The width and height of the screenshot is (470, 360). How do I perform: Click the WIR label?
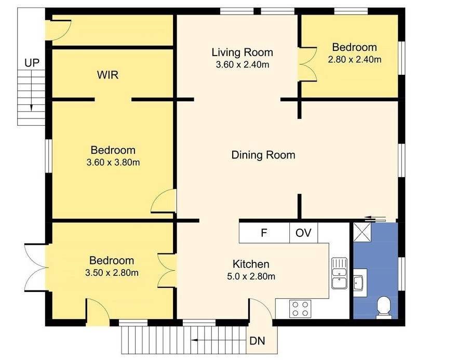pos(108,75)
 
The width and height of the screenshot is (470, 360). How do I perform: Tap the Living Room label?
pos(242,52)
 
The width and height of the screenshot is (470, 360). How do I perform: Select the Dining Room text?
pos(263,155)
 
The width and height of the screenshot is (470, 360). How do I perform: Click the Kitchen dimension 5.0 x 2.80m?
pos(251,276)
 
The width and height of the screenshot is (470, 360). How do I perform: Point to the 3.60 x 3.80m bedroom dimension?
pos(113,163)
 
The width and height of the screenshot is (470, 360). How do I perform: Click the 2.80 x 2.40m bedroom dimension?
pos(355,60)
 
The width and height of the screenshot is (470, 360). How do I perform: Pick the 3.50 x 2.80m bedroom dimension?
pos(112,273)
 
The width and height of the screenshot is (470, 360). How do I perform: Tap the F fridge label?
pos(264,233)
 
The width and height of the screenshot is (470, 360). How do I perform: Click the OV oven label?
pos(303,233)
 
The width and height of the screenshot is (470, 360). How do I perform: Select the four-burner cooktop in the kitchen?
pos(300,309)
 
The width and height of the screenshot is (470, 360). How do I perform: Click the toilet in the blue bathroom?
pos(384,307)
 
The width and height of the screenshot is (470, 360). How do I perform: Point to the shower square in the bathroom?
pos(362,231)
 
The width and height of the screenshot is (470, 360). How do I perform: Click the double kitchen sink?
pos(339,273)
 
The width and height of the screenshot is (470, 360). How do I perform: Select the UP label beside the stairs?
pos(32,63)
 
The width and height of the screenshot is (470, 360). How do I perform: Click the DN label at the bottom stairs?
pos(257,341)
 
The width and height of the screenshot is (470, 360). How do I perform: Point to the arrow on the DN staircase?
pos(219,340)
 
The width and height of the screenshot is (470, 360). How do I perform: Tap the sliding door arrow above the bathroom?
pos(374,218)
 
